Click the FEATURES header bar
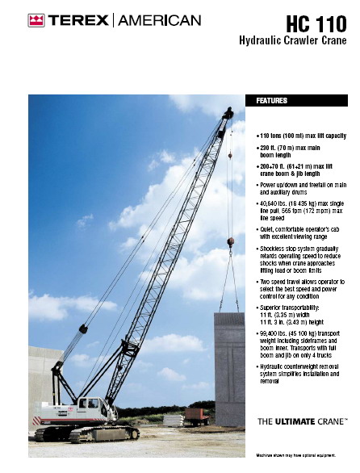click(x=301, y=101)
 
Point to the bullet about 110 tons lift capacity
click(x=301, y=136)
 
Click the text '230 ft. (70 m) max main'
click(x=292, y=149)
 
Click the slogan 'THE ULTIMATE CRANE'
click(x=302, y=421)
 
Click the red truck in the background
click(x=197, y=416)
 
